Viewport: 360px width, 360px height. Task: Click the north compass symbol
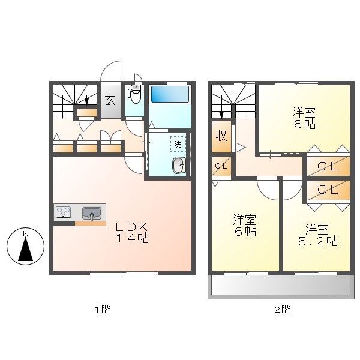[x=25, y=247]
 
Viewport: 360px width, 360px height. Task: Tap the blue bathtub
[x=170, y=94]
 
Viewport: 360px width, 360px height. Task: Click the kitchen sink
[x=92, y=212]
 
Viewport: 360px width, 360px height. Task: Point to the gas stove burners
[x=64, y=212]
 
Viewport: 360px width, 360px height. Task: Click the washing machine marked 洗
[x=178, y=145]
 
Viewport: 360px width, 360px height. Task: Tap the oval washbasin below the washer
[x=178, y=166]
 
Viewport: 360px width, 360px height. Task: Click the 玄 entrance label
[x=110, y=100]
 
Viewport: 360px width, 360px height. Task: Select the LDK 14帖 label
[x=131, y=232]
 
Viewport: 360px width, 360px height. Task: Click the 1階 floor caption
[x=101, y=310]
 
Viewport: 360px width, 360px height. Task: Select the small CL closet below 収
[x=220, y=166]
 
